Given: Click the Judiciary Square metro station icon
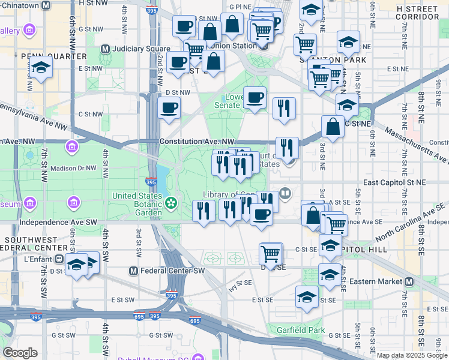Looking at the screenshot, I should pyautogui.click(x=105, y=49).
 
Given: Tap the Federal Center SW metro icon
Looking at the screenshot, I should pyautogui.click(x=134, y=271).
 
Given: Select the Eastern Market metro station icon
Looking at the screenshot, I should pyautogui.click(x=409, y=281).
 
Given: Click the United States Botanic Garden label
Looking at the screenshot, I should pyautogui.click(x=138, y=203).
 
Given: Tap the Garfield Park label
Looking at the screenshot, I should pyautogui.click(x=300, y=330).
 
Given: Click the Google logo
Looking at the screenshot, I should pyautogui.click(x=20, y=352).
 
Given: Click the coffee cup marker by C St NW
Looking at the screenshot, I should pyautogui.click(x=169, y=108).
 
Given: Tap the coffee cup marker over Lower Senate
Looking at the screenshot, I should pyautogui.click(x=255, y=97).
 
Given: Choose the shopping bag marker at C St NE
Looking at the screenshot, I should pyautogui.click(x=333, y=126).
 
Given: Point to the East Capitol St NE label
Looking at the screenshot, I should pyautogui.click(x=394, y=181).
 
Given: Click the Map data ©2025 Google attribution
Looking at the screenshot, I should pyautogui.click(x=412, y=355).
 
